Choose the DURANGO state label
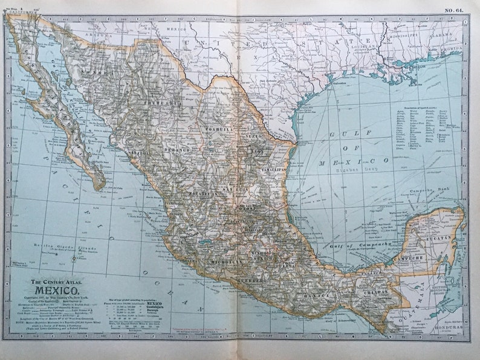[x=177, y=149]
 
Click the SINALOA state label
[x=139, y=153]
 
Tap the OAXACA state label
[x=322, y=295]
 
